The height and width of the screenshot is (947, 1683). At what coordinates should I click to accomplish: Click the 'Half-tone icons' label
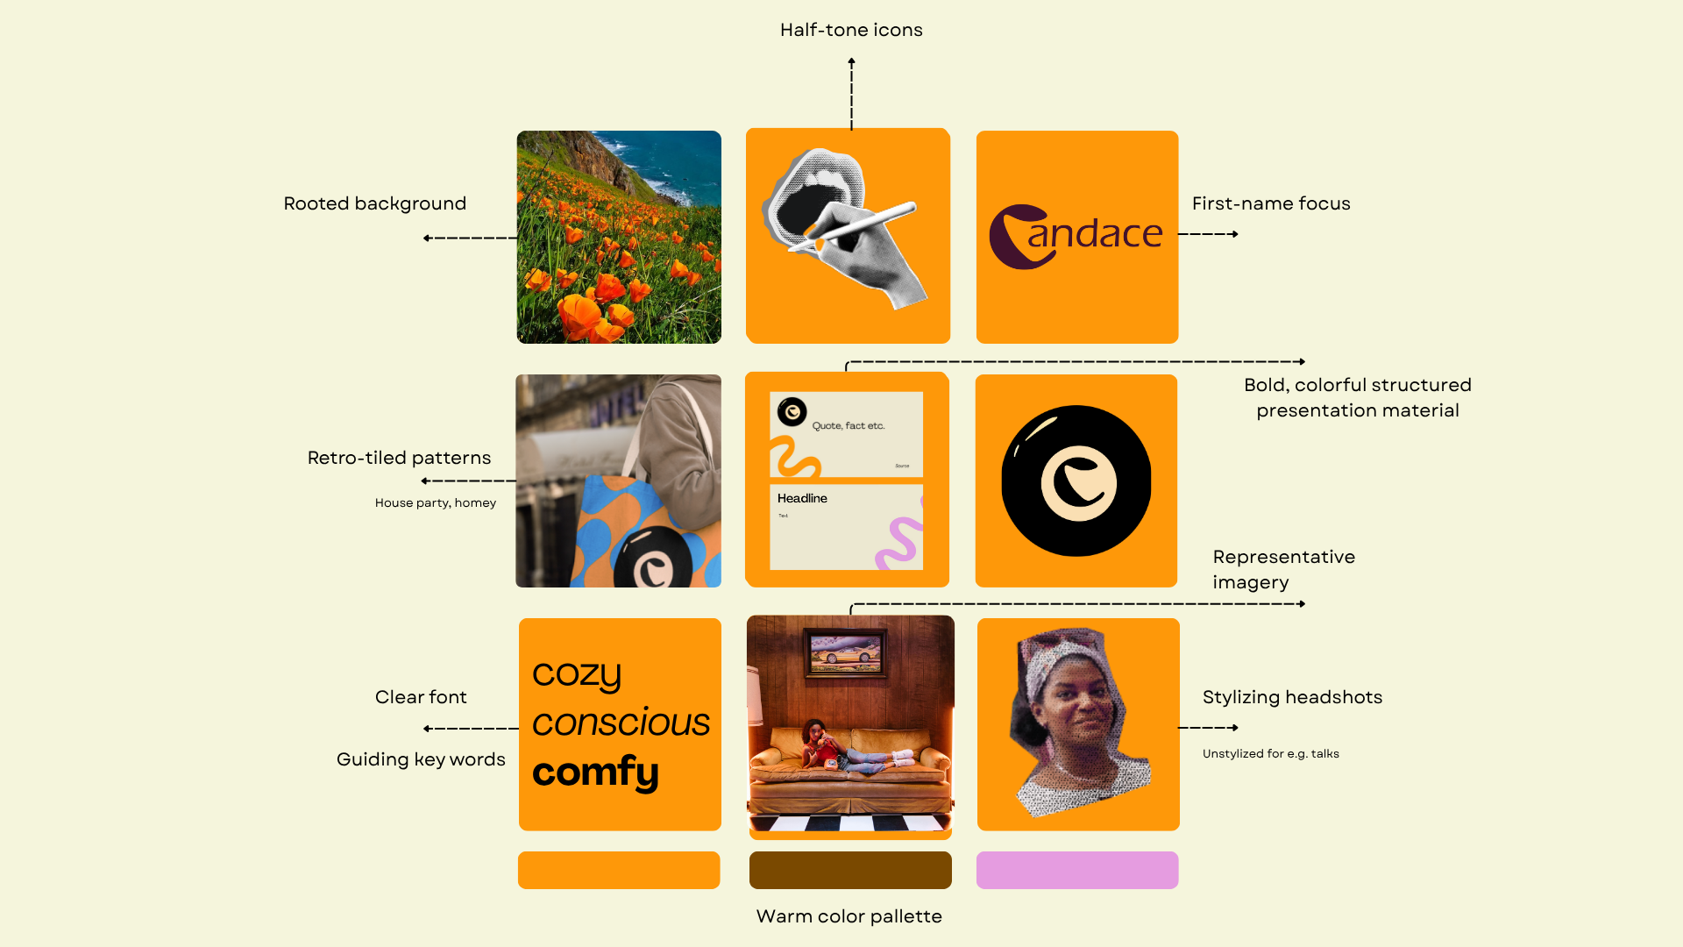[x=851, y=30]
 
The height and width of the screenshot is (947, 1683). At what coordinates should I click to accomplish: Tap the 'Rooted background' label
[x=374, y=203]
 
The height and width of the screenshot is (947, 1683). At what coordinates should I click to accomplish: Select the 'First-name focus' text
[x=1271, y=203]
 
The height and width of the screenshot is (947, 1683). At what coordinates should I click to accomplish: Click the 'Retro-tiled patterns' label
[x=399, y=458]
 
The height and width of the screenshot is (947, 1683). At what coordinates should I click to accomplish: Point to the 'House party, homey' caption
[x=436, y=502]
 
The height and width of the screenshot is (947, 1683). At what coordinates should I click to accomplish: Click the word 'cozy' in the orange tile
[x=577, y=673]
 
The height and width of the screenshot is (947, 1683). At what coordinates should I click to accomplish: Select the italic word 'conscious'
[x=621, y=723]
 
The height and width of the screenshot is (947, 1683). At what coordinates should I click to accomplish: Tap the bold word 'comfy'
[x=595, y=772]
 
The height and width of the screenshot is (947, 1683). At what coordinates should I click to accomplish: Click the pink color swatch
[x=1077, y=870]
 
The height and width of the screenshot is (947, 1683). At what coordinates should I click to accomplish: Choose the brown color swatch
[x=850, y=870]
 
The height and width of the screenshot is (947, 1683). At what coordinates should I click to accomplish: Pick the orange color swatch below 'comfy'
[x=619, y=870]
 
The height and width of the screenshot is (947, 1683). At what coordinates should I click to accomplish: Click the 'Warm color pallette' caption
[x=849, y=916]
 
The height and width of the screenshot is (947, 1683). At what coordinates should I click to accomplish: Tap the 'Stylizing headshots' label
[x=1292, y=697]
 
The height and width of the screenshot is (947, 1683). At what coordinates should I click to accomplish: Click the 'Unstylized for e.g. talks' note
[x=1271, y=753]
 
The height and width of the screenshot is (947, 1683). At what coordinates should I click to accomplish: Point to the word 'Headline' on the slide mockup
[x=802, y=498]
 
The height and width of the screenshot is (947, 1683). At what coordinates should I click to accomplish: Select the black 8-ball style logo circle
[x=1076, y=481]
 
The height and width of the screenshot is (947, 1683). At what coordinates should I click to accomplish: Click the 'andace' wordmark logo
[x=1076, y=235]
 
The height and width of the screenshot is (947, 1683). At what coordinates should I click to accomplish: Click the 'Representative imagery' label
[x=1283, y=569]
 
